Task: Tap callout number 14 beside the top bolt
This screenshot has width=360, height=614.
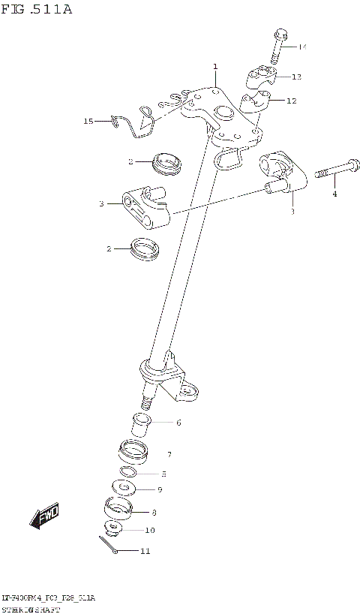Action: point(302,47)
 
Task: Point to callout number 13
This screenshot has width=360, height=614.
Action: point(296,77)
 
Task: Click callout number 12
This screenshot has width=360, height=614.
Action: point(292,101)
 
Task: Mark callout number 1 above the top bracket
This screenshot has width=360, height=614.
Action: point(214,67)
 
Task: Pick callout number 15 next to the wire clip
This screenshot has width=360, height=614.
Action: point(88,120)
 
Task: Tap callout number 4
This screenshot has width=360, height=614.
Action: point(334,194)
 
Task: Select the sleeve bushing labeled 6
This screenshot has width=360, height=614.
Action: point(142,426)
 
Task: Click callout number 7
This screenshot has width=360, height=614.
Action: point(170,455)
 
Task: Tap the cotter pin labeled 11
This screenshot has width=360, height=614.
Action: point(106,547)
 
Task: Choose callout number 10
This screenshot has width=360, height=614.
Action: point(150,530)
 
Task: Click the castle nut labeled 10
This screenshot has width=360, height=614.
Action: point(115,528)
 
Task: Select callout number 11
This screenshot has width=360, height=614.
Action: point(145,551)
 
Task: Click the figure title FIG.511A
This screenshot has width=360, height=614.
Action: point(37,11)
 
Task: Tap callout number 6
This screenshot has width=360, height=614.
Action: point(178,423)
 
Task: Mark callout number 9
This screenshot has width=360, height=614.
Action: point(159,489)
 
